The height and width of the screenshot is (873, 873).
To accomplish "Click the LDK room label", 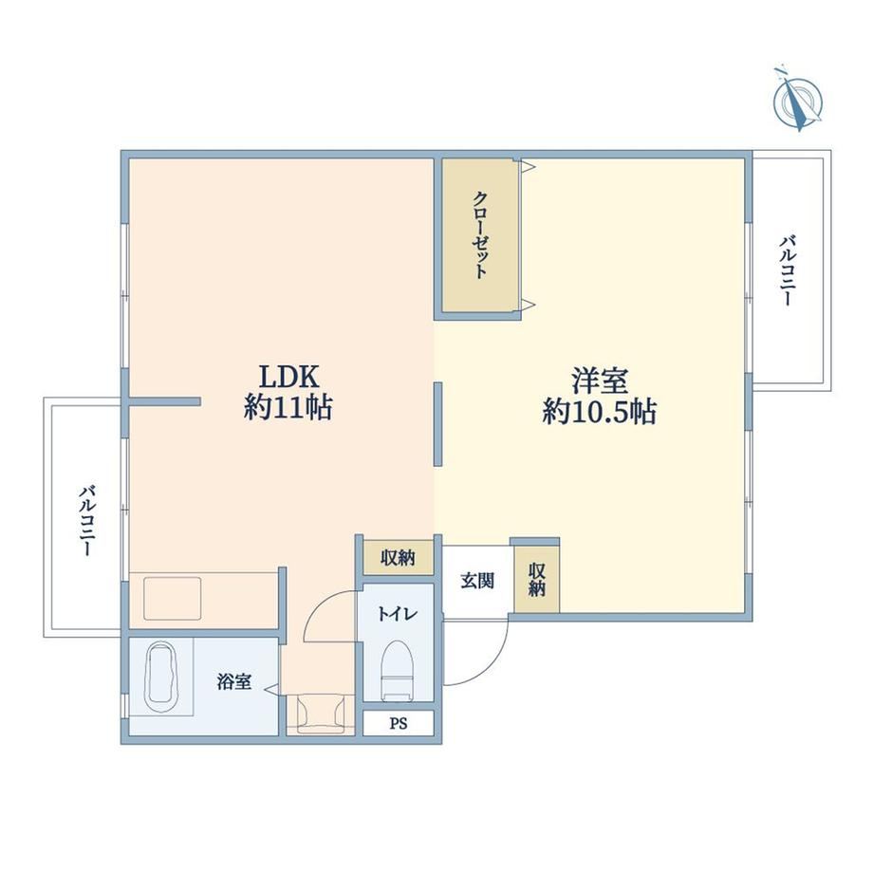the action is tap(289, 377).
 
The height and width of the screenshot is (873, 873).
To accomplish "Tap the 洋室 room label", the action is tap(600, 381).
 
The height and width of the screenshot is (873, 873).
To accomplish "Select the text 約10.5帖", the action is tap(599, 412).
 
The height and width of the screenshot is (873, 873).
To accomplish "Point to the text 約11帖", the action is tap(288, 407).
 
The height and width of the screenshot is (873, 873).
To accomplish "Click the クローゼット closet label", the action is tap(480, 234).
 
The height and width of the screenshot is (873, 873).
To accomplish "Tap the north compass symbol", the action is tap(798, 99).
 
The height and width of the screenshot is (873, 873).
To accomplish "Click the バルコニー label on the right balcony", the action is tap(788, 270).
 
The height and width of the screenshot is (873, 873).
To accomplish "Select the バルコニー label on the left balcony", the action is tap(87, 521).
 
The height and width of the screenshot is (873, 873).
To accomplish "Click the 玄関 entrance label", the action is tap(477, 581).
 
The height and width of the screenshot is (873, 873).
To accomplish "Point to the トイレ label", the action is tap(398, 614).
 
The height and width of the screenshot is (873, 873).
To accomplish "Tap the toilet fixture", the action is tap(397, 670).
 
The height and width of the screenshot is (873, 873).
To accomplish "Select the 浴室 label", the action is tap(233, 681).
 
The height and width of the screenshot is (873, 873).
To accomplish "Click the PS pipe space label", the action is tap(399, 723).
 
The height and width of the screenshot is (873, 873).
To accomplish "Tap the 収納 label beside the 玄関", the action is tap(537, 580).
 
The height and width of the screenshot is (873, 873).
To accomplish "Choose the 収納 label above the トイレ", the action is tap(399, 557).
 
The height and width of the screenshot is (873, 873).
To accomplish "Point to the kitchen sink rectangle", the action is tap(173, 599).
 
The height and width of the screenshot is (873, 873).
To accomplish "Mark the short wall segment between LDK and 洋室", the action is tap(438, 424).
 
